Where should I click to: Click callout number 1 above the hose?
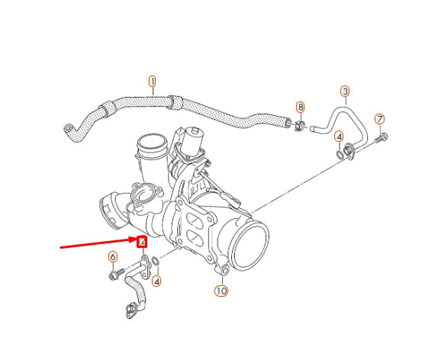coord(152,81)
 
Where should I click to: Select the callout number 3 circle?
coord(345,92)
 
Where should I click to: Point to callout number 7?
coord(379,119)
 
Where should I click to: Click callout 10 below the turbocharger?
coord(221,291)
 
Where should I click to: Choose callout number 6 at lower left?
coord(113,256)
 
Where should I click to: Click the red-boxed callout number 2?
coord(142,242)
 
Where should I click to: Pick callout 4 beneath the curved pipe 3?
coord(339,136)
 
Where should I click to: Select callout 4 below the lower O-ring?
coord(156,281)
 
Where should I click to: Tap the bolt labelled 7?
coord(382,138)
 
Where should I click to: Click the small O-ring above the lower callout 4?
coord(156,264)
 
